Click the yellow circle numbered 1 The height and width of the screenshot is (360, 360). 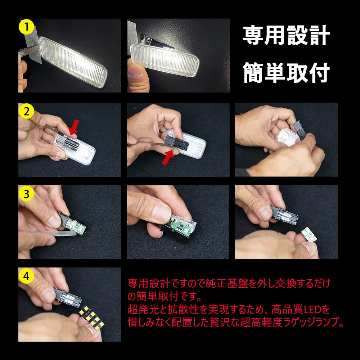[x=26, y=27]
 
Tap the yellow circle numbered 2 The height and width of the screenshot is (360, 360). [x=26, y=111]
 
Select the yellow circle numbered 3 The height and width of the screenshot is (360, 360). [x=26, y=194]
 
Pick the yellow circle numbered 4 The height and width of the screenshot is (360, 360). [x=26, y=276]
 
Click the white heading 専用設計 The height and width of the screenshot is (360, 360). [x=286, y=35]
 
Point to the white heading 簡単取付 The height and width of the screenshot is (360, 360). [x=286, y=73]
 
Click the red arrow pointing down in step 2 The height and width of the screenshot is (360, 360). [x=74, y=127]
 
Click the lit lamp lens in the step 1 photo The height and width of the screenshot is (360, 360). [x=73, y=62]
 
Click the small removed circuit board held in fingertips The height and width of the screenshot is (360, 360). [x=309, y=234]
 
